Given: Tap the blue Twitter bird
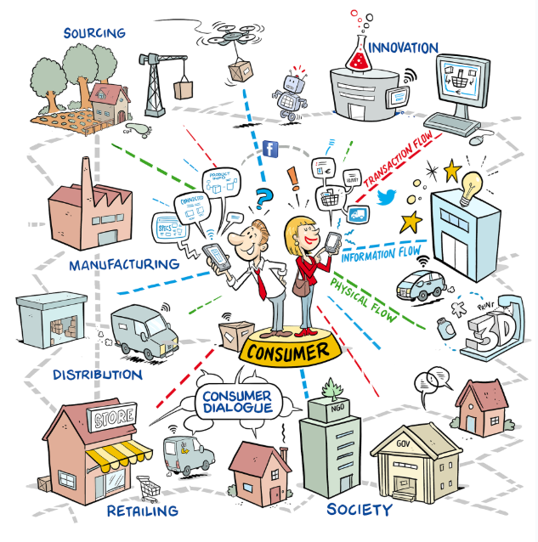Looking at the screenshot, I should point(388,198).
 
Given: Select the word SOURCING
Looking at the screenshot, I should point(93,33).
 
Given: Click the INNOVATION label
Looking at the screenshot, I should point(404,48).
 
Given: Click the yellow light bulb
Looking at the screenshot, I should point(472,181).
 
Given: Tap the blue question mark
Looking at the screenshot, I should point(263,198).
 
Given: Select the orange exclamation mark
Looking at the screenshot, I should point(293,178).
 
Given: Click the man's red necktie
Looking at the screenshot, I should point(263,280).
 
